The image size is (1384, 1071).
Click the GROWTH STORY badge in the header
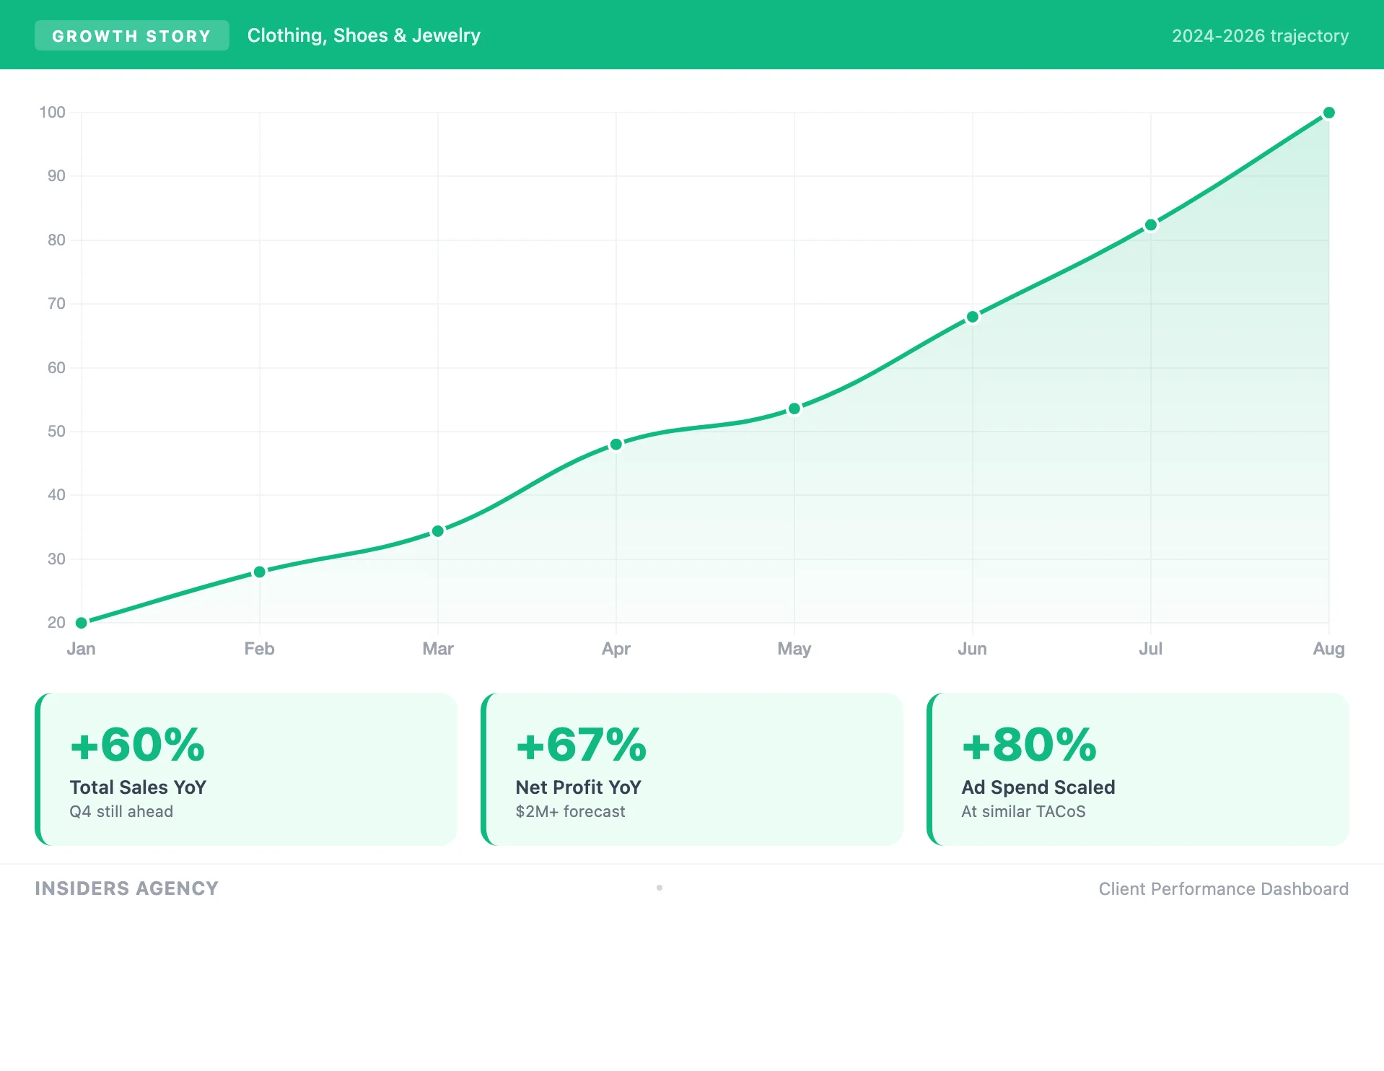[x=131, y=36]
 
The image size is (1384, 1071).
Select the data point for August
[x=1328, y=113]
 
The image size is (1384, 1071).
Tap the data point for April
[x=616, y=445]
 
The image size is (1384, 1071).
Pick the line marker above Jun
[x=973, y=317]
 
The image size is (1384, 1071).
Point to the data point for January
[x=82, y=622]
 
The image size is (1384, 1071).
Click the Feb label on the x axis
[x=259, y=649]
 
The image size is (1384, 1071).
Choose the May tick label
[x=794, y=649]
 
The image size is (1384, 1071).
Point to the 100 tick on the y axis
[x=52, y=113]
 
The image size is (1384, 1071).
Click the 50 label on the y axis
[x=56, y=432]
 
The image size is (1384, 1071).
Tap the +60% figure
[x=137, y=745]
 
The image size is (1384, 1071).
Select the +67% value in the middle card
[x=581, y=745]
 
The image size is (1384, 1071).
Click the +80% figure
[x=1029, y=745]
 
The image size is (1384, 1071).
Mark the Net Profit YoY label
[x=578, y=787]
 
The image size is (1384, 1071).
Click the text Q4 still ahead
[x=121, y=812]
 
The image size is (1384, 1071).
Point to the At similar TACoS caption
[x=1023, y=812]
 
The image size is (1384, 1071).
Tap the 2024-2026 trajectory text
[x=1260, y=36]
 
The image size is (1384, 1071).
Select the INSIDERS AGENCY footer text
[x=126, y=888]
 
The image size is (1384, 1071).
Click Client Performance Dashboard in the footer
[x=1223, y=889]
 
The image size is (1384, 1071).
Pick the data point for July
[x=1151, y=225]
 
